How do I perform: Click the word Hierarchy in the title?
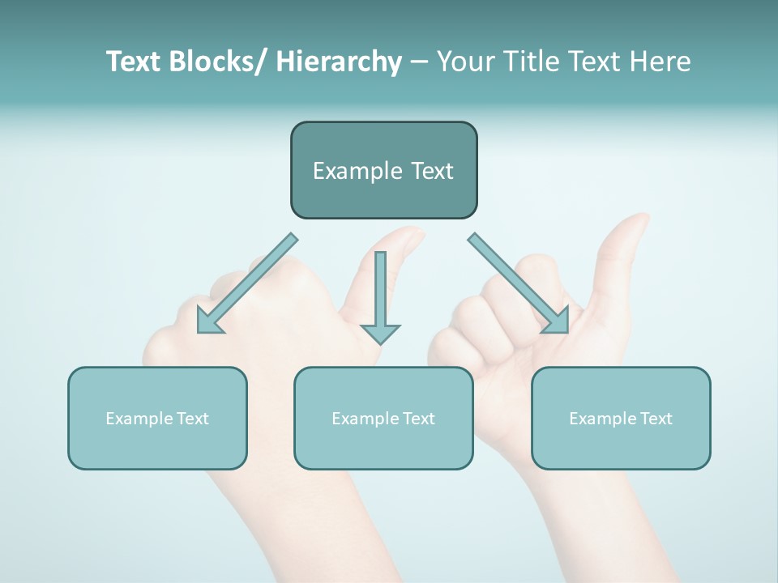[339, 62]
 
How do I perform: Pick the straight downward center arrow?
[380, 291]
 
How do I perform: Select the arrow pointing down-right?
[519, 283]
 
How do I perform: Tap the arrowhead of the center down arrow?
[380, 333]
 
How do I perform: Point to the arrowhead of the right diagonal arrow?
[558, 322]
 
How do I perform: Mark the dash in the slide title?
[419, 62]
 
